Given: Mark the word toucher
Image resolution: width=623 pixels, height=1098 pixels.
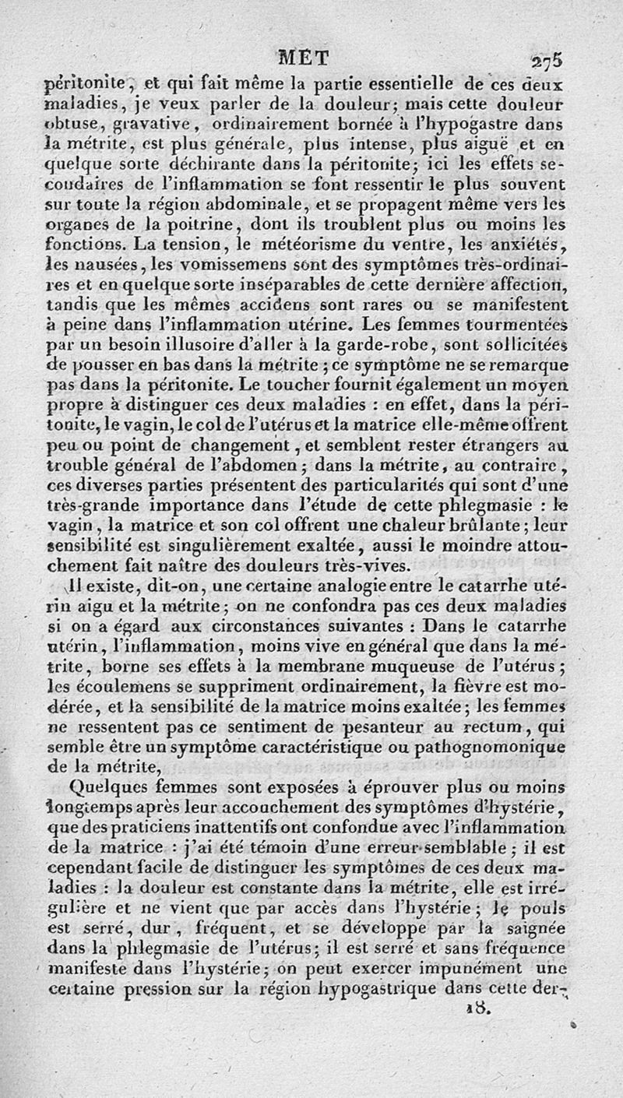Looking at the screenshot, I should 259,384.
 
